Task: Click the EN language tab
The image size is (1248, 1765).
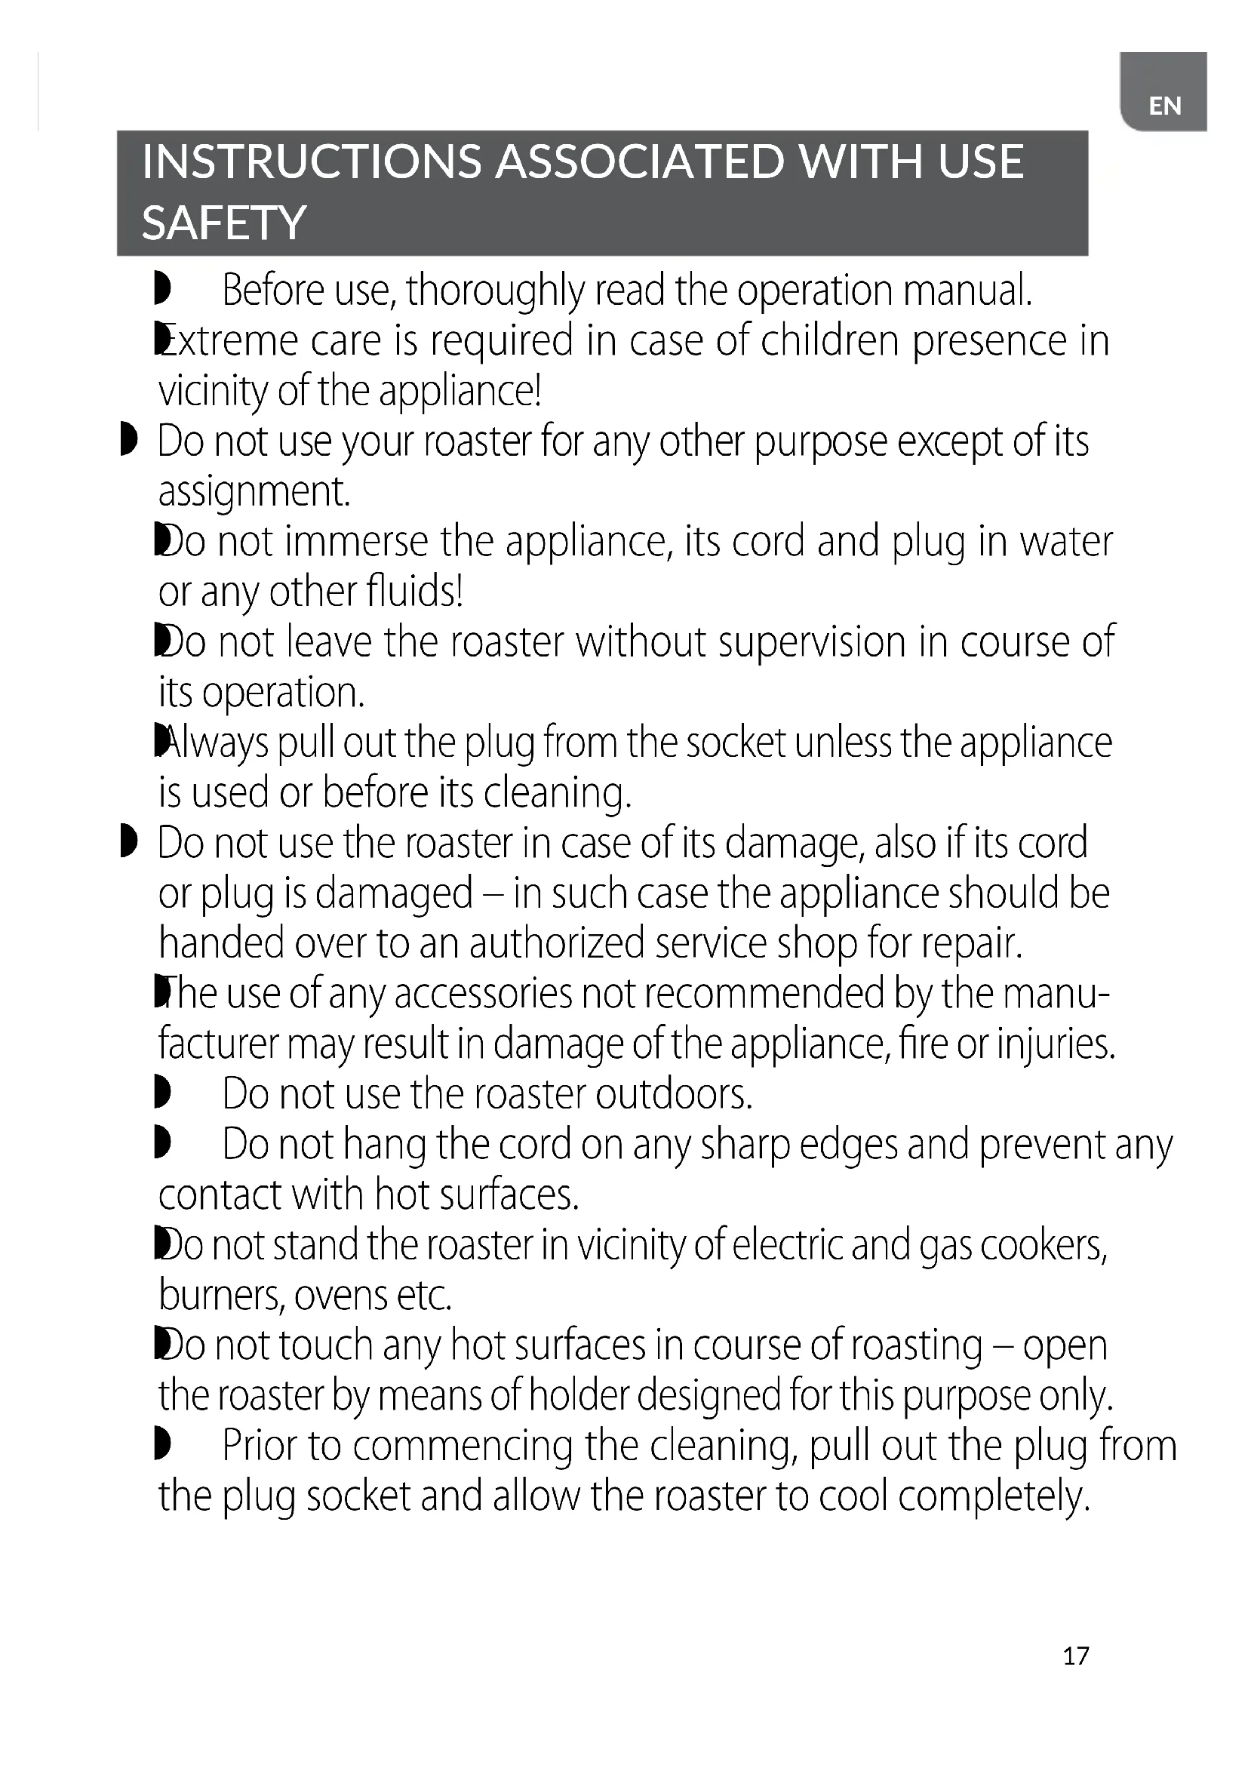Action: pyautogui.click(x=1164, y=106)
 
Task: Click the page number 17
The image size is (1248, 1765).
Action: pyautogui.click(x=1076, y=1655)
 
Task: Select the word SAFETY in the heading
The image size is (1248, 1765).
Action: pyautogui.click(x=223, y=223)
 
